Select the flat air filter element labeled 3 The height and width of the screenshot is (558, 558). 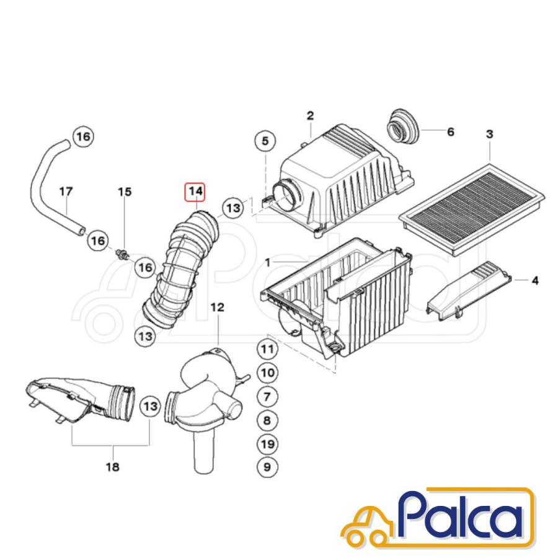coord(472,209)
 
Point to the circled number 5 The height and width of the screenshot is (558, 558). coord(265,141)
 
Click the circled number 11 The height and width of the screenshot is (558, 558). coord(267,349)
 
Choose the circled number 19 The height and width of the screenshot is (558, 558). coord(267,444)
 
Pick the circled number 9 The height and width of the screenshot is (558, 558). coord(267,467)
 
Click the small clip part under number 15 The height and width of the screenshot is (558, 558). coord(121,254)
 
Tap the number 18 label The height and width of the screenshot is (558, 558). coord(113,466)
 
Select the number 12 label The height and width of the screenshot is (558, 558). coord(218,307)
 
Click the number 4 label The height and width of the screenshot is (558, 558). coord(535,280)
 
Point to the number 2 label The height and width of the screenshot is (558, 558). coord(311,116)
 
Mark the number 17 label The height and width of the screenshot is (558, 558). coord(66,192)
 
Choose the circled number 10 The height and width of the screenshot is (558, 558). coord(267,373)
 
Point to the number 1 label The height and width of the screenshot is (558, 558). coord(268,263)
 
